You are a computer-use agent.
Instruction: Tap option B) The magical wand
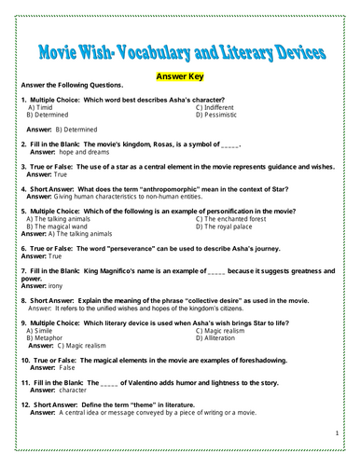coord(60,226)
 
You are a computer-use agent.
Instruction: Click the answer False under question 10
coord(66,367)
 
